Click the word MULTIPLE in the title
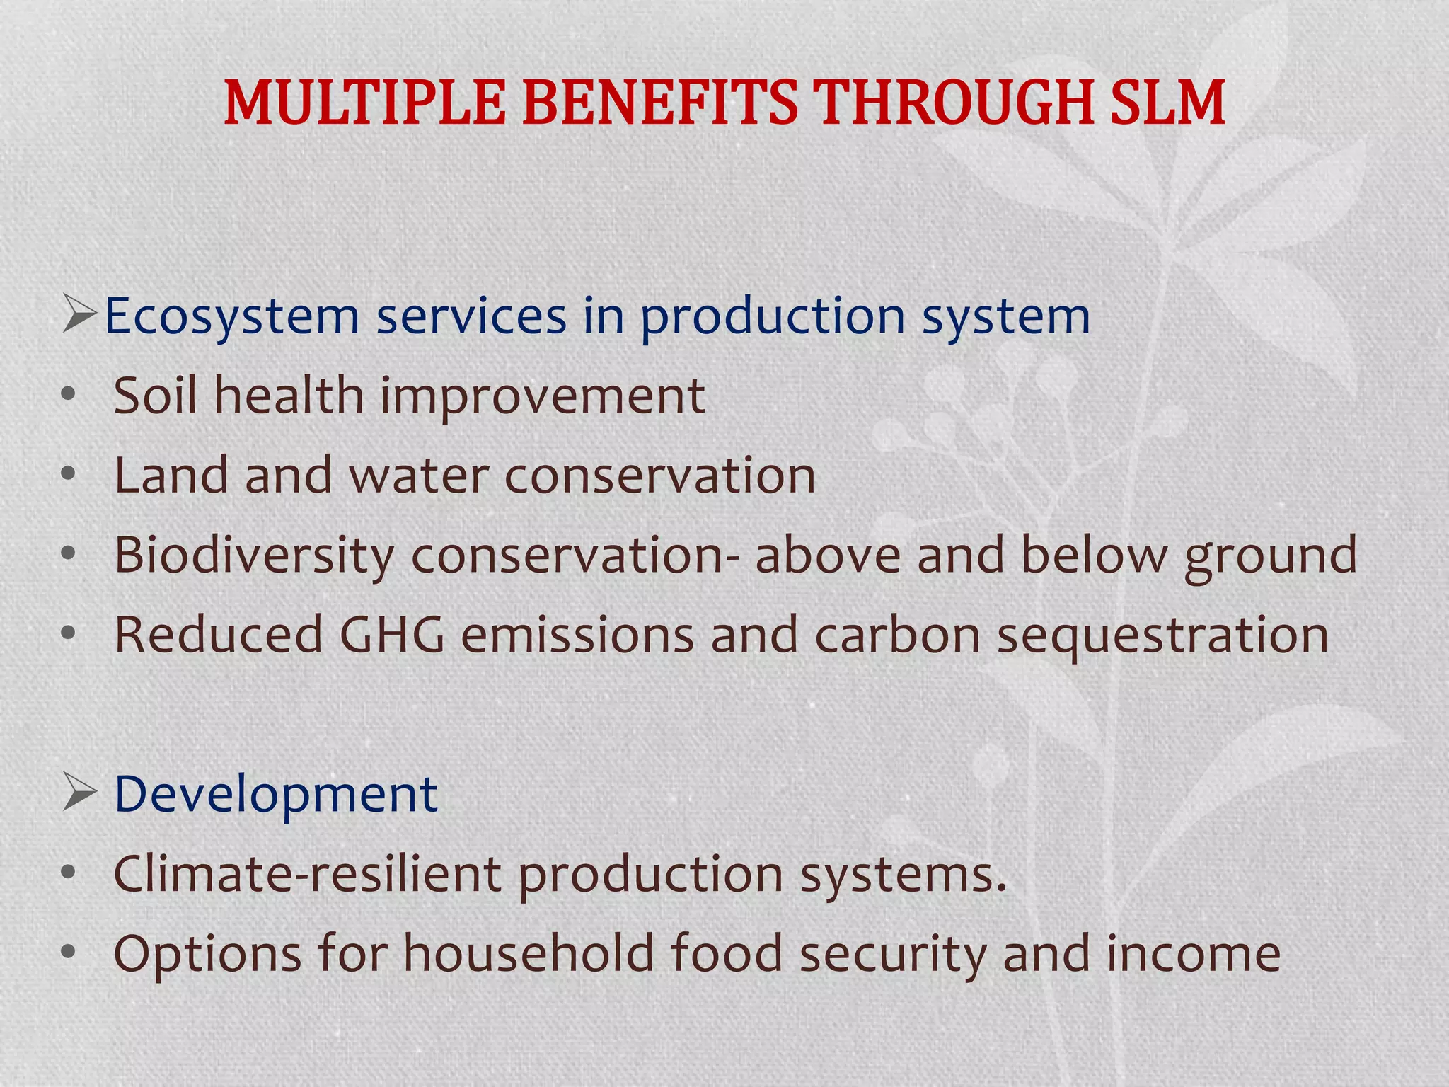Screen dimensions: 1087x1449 (364, 103)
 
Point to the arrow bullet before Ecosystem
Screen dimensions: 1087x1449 (79, 316)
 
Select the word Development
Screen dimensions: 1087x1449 (275, 795)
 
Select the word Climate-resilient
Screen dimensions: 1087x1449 (307, 874)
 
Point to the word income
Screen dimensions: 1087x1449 (1193, 955)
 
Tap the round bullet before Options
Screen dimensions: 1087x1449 (68, 953)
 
